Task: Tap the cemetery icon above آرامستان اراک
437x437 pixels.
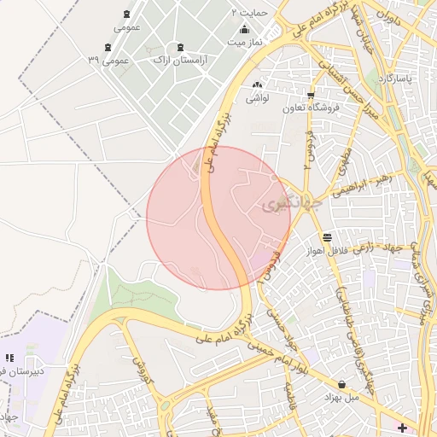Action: tap(179, 47)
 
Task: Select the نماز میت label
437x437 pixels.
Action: tap(245, 41)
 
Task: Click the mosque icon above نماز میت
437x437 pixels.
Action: tap(245, 29)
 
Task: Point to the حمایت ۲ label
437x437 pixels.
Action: tap(250, 13)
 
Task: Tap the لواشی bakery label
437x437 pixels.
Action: tap(258, 98)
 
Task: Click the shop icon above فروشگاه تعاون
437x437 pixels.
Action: tap(311, 95)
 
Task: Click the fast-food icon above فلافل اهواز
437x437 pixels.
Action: tap(328, 237)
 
